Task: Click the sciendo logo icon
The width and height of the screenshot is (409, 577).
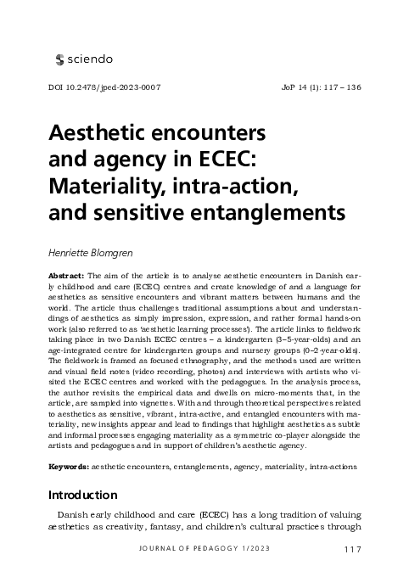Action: click(x=59, y=59)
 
